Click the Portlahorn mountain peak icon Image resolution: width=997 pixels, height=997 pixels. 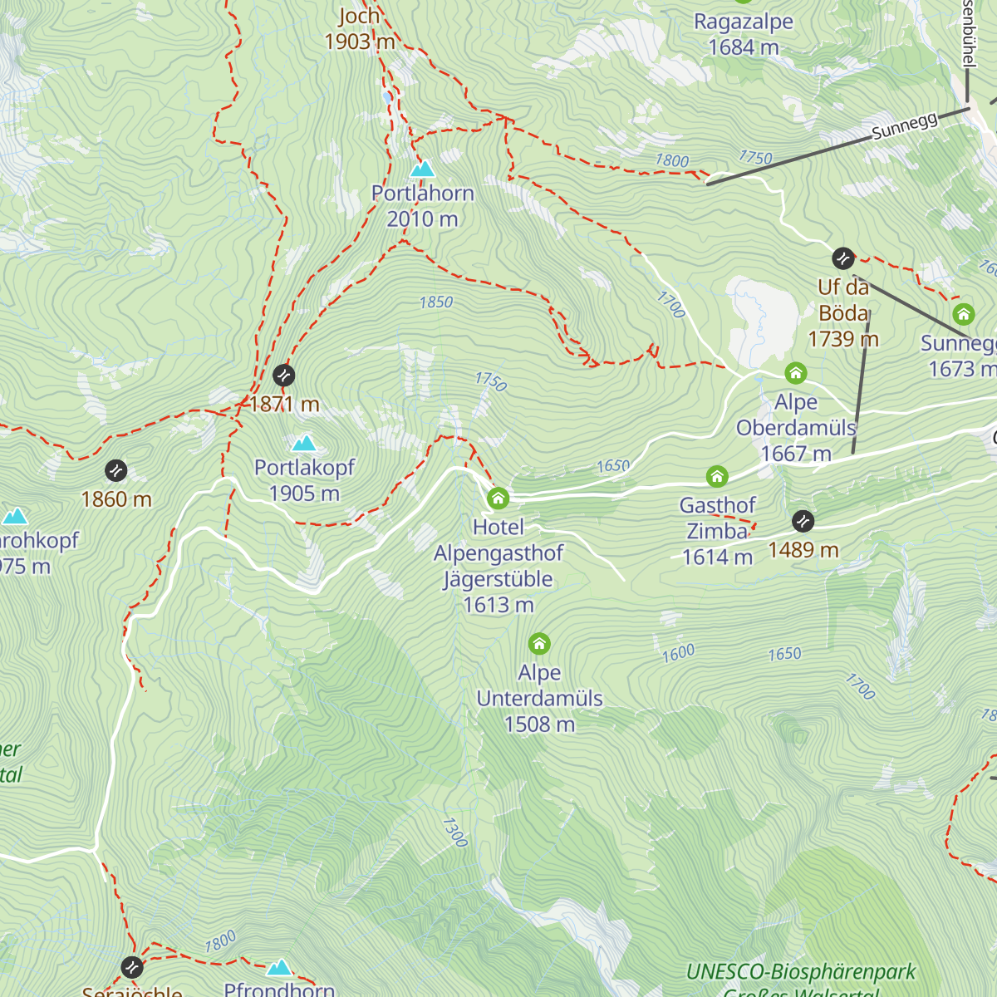pyautogui.click(x=422, y=169)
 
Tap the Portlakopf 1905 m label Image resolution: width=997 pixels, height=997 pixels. pyautogui.click(x=304, y=479)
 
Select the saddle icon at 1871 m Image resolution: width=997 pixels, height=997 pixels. pyautogui.click(x=284, y=376)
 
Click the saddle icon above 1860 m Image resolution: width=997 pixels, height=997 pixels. pyautogui.click(x=116, y=471)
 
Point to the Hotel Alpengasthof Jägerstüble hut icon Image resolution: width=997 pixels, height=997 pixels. pyautogui.click(x=498, y=498)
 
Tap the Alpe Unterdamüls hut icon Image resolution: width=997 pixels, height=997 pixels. pyautogui.click(x=539, y=644)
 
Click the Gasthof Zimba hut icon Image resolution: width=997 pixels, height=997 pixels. pyautogui.click(x=717, y=477)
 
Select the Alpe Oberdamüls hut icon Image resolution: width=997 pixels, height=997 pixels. pyautogui.click(x=796, y=372)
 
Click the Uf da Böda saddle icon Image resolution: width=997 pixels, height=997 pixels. pyautogui.click(x=843, y=258)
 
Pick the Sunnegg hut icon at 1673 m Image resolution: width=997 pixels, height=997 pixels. pyautogui.click(x=963, y=315)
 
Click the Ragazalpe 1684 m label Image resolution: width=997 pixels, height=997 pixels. pyautogui.click(x=744, y=34)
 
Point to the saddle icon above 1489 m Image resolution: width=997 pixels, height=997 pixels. pyautogui.click(x=803, y=521)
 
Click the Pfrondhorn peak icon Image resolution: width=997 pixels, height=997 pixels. pyautogui.click(x=279, y=967)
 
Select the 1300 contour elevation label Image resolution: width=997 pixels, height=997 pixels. pyautogui.click(x=454, y=832)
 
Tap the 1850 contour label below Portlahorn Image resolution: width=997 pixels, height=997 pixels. pyautogui.click(x=436, y=302)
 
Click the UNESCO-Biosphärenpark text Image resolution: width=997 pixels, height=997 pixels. pyautogui.click(x=801, y=972)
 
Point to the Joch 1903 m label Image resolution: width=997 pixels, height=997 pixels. pyautogui.click(x=360, y=28)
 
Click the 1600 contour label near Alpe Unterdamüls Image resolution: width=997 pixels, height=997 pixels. pyautogui.click(x=678, y=653)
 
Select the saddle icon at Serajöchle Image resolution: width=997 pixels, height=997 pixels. pyautogui.click(x=132, y=967)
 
